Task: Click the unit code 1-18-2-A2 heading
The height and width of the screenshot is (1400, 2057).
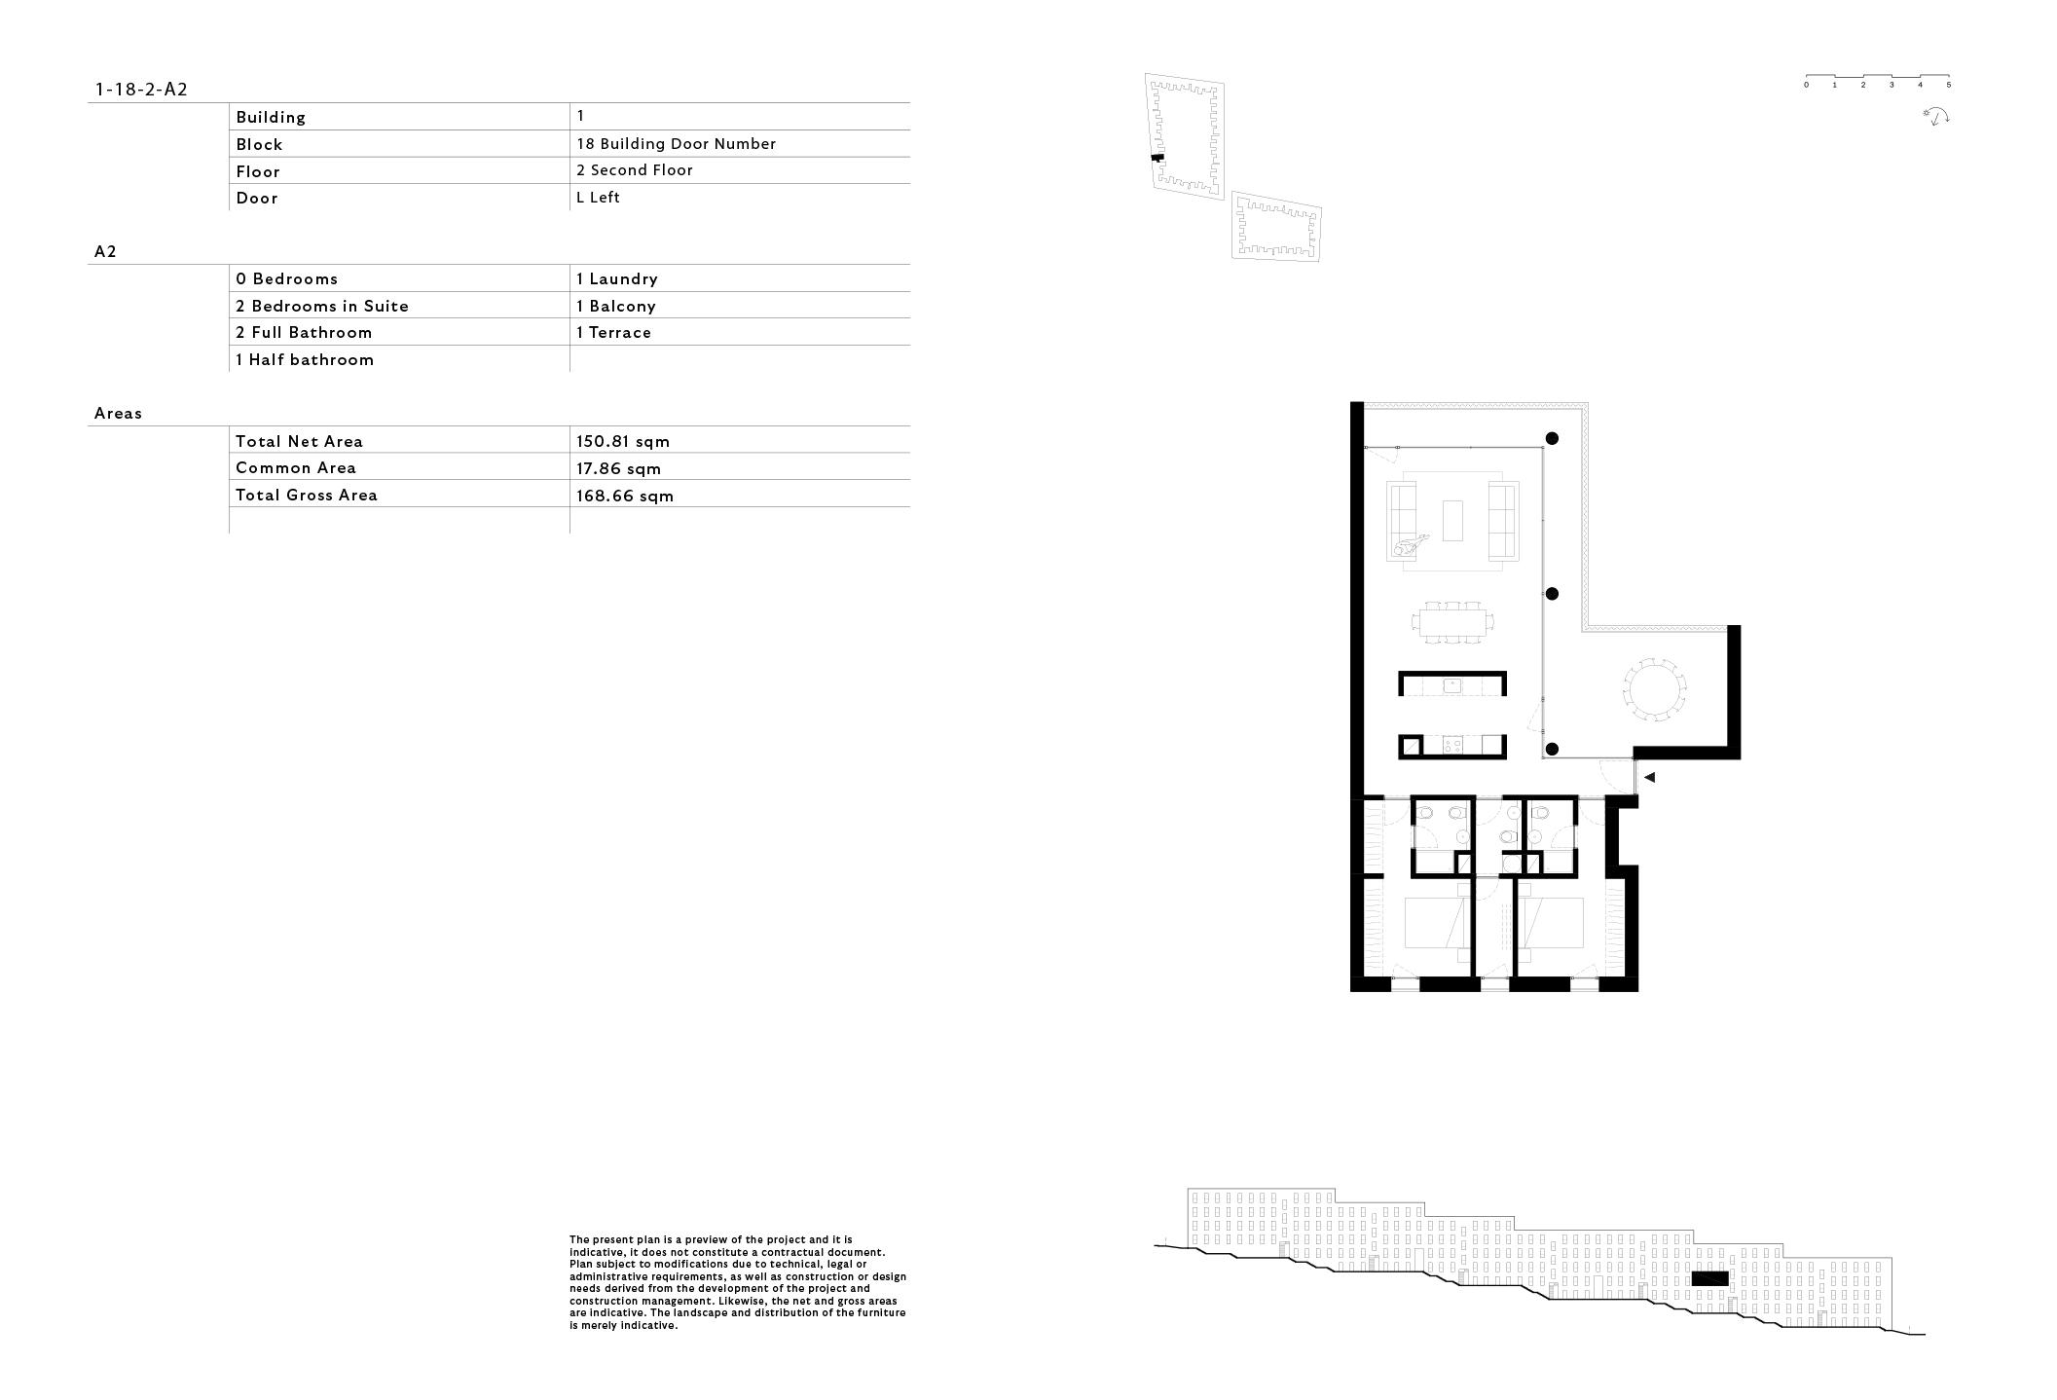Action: (x=141, y=90)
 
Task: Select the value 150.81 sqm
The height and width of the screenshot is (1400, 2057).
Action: (x=623, y=441)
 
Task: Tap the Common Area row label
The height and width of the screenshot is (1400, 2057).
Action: (x=296, y=468)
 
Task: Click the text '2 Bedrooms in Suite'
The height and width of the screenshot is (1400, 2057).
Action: (x=322, y=306)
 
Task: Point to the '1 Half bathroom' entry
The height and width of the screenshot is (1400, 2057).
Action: (x=305, y=359)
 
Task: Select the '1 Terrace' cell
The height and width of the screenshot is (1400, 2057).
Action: (x=613, y=333)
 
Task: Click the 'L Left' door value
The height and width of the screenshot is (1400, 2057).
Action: (x=598, y=198)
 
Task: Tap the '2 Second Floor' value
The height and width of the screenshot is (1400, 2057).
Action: (x=635, y=170)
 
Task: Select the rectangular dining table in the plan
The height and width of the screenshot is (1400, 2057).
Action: (x=1455, y=622)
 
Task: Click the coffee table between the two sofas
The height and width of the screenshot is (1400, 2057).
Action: (x=1453, y=520)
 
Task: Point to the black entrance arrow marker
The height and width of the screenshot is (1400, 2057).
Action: (x=1649, y=777)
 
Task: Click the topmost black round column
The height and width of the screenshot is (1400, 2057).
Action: (x=1552, y=439)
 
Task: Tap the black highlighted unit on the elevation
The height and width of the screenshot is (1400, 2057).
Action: (x=1709, y=1278)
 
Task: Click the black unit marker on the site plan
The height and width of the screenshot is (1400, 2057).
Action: (x=1157, y=158)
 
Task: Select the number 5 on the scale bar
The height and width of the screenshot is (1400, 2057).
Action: (x=1949, y=86)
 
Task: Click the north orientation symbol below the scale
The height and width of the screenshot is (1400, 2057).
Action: (x=1937, y=117)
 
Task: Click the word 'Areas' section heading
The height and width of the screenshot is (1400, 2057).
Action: (x=118, y=414)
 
